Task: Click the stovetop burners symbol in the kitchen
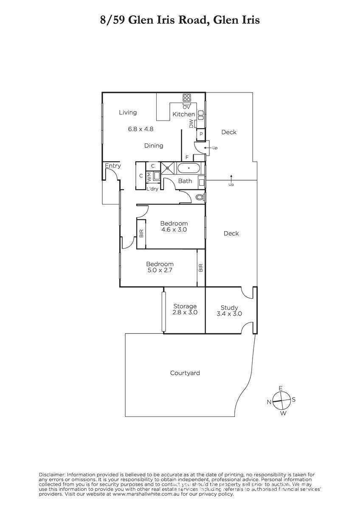point(187,98)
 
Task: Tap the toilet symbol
point(200,197)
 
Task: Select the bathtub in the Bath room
point(189,168)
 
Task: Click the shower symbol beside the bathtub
point(168,168)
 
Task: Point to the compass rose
point(281,400)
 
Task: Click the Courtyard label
point(185,373)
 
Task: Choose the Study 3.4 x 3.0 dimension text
point(229,314)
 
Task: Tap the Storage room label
point(185,306)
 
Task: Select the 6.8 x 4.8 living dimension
point(141,129)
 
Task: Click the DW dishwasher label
point(191,123)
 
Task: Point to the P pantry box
point(201,134)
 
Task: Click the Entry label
point(113,166)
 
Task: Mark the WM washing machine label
point(149,177)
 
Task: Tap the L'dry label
point(152,189)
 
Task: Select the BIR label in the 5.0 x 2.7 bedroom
point(200,268)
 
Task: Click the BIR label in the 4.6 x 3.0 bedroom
point(141,233)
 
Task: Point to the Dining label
point(154,145)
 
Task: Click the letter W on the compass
point(283,413)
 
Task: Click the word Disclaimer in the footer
point(52,475)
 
